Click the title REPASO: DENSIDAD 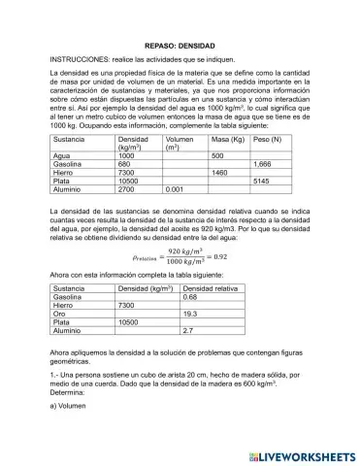[180, 45]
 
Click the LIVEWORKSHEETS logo [297, 452]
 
